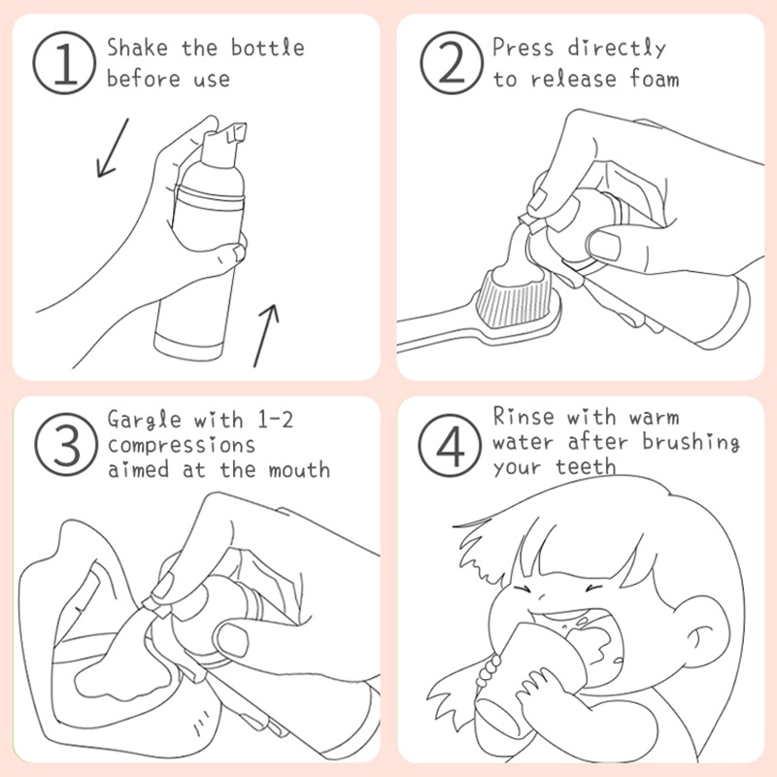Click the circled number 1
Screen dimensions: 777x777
64,63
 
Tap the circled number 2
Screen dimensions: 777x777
452,63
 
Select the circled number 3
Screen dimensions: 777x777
66,445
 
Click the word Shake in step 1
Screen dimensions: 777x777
138,48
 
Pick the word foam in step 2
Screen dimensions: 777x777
654,79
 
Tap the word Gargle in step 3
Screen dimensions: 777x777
144,421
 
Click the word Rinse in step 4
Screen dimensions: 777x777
524,417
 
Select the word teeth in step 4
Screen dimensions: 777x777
586,467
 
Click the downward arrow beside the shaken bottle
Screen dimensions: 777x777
112,148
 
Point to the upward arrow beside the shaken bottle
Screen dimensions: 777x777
266,336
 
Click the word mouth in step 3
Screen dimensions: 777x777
299,470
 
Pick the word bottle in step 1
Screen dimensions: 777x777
268,48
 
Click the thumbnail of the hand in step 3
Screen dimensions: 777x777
232,638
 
